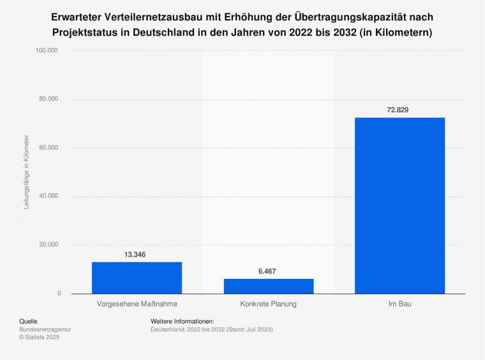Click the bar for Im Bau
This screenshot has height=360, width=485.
coord(399,206)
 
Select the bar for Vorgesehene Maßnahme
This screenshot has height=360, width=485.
coord(137,278)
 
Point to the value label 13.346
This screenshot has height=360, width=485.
coord(135,255)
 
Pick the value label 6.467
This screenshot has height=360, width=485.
coord(268,271)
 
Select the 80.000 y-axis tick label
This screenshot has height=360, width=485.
coord(48,99)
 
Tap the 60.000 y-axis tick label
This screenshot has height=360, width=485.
coord(48,147)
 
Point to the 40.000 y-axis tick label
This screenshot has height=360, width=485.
coord(48,196)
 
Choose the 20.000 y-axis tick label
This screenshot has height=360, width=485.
coord(48,244)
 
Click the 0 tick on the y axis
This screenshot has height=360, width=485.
coord(59,294)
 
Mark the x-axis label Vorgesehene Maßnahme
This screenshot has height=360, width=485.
coord(137,304)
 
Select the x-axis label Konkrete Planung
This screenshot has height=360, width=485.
coord(269,304)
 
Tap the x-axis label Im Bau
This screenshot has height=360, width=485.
coord(399,304)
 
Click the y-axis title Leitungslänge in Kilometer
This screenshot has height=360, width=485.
coord(27,172)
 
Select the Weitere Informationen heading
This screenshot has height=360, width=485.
coord(183,321)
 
